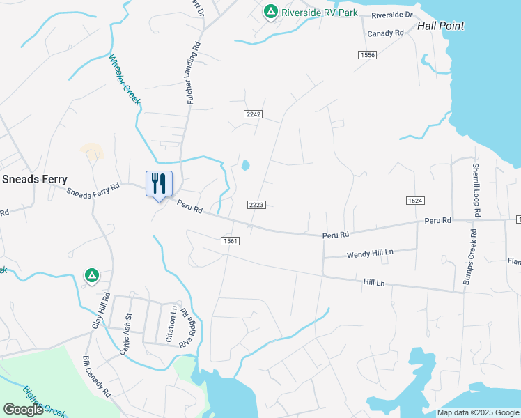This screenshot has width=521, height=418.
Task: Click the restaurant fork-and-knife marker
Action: point(159,184)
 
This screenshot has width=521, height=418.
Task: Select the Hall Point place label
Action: point(440,26)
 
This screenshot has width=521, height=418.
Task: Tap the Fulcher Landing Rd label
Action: point(194,73)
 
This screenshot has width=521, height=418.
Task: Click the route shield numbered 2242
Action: point(253,114)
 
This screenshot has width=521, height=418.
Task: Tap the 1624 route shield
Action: point(415,201)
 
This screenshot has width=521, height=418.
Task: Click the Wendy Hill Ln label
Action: point(370,254)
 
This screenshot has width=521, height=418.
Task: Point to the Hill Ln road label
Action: point(374,283)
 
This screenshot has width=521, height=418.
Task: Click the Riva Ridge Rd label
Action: point(185,327)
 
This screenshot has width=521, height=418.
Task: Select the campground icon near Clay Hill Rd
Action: point(91,277)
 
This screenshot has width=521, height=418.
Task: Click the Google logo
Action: point(23,410)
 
